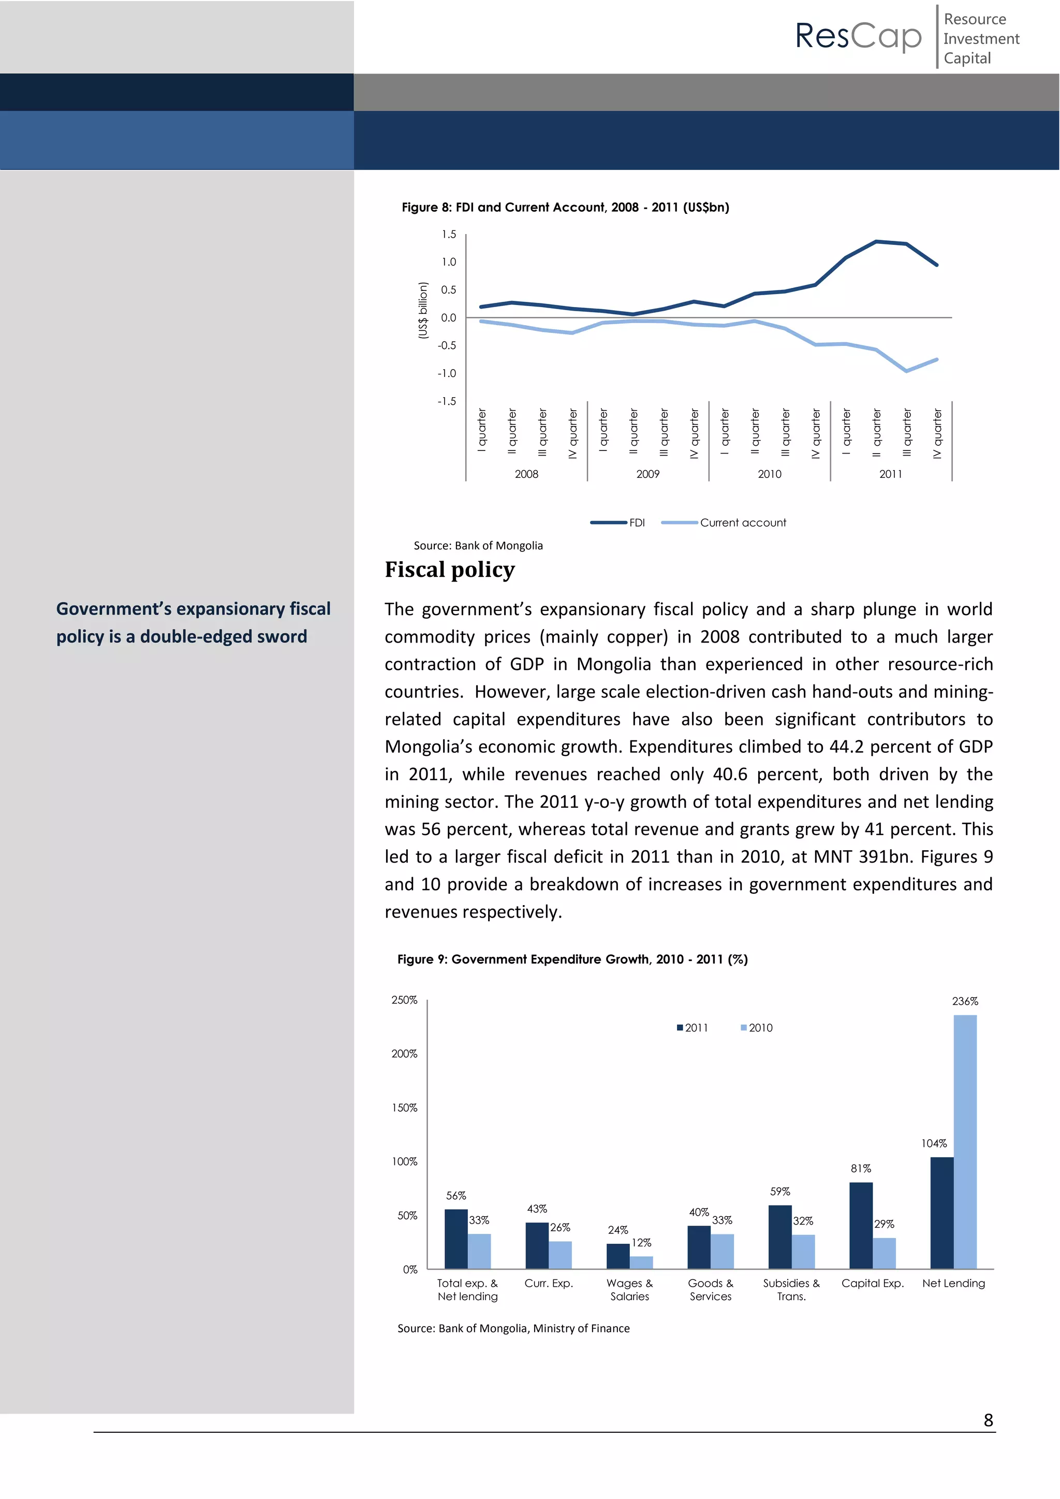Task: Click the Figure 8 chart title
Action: pos(565,208)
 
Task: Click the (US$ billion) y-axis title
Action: pos(423,311)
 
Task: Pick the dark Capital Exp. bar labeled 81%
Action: pos(860,1226)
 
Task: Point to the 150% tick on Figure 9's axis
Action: pos(404,1108)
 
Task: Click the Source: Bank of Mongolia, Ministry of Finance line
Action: pos(513,1329)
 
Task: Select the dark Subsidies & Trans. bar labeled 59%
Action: pos(779,1237)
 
